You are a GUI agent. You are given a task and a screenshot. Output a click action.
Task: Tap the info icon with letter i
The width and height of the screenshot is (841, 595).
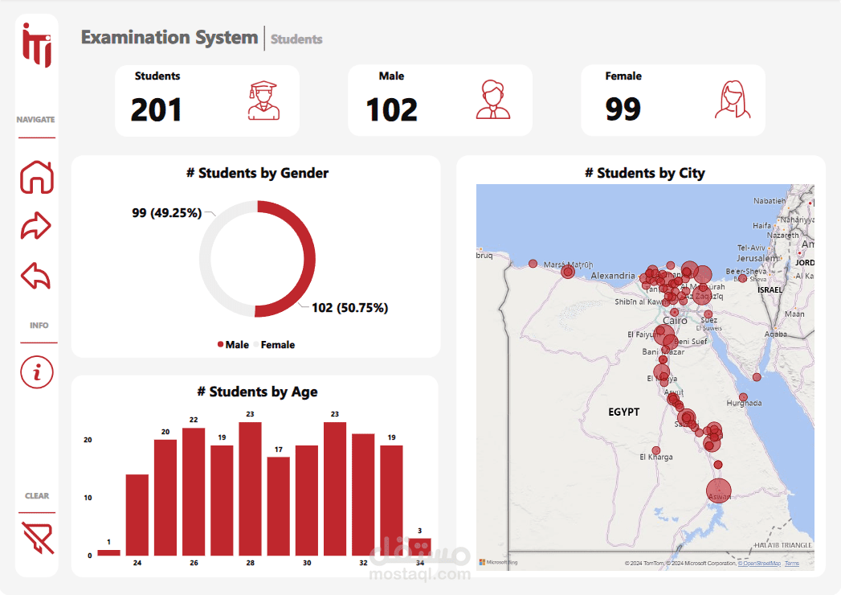(37, 371)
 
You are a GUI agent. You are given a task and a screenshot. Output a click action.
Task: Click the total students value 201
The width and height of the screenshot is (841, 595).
(156, 110)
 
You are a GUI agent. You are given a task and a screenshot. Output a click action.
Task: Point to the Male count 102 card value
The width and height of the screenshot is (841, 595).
(392, 110)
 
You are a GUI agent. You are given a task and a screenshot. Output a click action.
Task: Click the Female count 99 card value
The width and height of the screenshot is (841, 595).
(623, 109)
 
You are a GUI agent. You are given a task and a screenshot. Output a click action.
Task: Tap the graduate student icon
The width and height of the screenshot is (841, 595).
(263, 101)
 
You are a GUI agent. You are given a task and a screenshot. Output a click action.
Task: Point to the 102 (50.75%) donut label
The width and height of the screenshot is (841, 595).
(349, 308)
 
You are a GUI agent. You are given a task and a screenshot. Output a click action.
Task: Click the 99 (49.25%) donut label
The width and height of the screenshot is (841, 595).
(166, 213)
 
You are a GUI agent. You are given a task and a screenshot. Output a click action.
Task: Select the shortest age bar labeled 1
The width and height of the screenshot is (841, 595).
(108, 552)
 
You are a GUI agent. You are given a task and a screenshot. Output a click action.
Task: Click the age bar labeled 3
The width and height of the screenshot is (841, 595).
(419, 547)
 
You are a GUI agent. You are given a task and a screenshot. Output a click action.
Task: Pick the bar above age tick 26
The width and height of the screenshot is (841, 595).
(194, 491)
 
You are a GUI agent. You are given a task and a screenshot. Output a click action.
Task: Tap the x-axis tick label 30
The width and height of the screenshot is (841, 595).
(307, 563)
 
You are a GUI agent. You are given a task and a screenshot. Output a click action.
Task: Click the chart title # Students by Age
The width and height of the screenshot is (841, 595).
(257, 392)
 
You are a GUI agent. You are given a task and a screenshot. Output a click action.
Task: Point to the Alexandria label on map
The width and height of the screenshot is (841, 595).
(612, 276)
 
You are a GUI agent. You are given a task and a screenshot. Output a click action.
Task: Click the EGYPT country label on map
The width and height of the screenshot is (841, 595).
(623, 412)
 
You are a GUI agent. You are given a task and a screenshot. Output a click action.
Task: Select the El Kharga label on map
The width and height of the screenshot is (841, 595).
(655, 458)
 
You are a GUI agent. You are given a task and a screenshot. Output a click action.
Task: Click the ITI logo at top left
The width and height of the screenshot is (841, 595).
(37, 45)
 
